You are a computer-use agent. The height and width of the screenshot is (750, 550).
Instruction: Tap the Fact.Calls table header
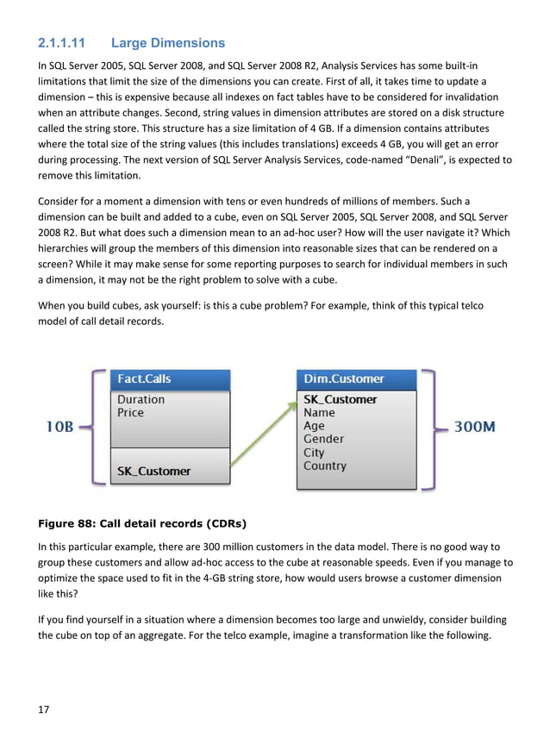point(144,379)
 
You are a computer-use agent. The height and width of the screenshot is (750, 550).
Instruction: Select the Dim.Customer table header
point(344,379)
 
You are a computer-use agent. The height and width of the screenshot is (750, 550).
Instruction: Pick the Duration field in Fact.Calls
point(141,400)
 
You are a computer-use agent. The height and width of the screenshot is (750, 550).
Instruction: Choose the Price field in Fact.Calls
point(131,413)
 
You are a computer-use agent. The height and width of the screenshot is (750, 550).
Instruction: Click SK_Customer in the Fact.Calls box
point(153,472)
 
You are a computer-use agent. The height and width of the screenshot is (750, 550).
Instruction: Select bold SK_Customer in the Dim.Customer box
point(340,399)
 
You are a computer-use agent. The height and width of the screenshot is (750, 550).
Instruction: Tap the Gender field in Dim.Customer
point(323,439)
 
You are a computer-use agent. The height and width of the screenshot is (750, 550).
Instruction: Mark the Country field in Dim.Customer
point(325,466)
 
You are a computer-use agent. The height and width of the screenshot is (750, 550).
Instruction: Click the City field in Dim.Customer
point(314,453)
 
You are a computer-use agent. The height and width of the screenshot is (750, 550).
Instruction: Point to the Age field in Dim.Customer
point(314,426)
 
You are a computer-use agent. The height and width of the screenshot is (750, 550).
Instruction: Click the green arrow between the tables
point(263,436)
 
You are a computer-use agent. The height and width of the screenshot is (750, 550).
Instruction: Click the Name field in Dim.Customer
point(319,413)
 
